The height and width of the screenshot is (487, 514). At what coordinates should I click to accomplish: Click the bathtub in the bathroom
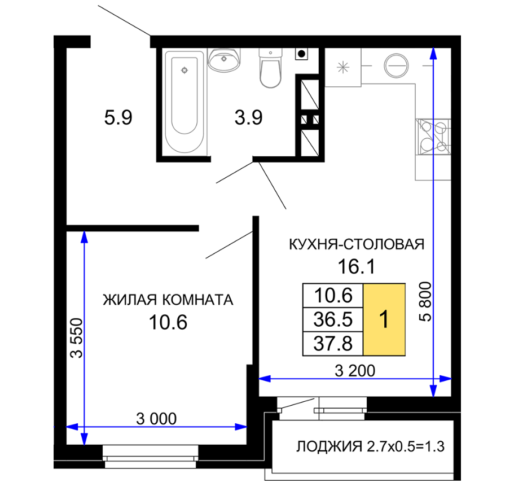184,102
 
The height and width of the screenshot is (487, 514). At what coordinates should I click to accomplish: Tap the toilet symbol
270,68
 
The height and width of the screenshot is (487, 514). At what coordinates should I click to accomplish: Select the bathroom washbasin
224,60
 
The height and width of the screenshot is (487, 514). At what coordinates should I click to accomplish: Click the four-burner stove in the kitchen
433,137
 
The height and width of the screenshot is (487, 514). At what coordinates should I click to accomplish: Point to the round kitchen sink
396,65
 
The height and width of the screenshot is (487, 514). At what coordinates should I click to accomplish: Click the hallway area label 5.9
118,117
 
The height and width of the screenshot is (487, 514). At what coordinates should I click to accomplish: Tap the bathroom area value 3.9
248,117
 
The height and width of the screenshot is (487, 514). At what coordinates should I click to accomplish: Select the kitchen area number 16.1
357,266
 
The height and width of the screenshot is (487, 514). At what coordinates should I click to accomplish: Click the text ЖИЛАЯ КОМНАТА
168,300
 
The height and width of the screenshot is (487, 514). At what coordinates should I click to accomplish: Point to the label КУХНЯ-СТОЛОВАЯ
357,244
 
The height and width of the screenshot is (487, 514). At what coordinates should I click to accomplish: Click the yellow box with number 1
384,319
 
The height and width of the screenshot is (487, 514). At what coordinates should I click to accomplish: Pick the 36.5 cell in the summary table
333,319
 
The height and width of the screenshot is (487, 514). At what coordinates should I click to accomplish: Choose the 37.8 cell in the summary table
333,344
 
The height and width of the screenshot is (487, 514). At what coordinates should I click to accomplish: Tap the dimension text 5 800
425,301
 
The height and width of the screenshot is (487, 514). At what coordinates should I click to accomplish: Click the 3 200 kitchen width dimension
355,371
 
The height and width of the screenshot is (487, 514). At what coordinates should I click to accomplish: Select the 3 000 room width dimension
156,419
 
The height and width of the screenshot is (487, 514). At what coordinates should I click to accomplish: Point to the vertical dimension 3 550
77,338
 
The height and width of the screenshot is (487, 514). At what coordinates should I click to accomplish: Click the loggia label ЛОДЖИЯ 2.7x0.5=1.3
371,446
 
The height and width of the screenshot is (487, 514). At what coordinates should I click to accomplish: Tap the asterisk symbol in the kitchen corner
343,68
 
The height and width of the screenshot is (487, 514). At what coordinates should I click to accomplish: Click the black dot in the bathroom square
302,54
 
